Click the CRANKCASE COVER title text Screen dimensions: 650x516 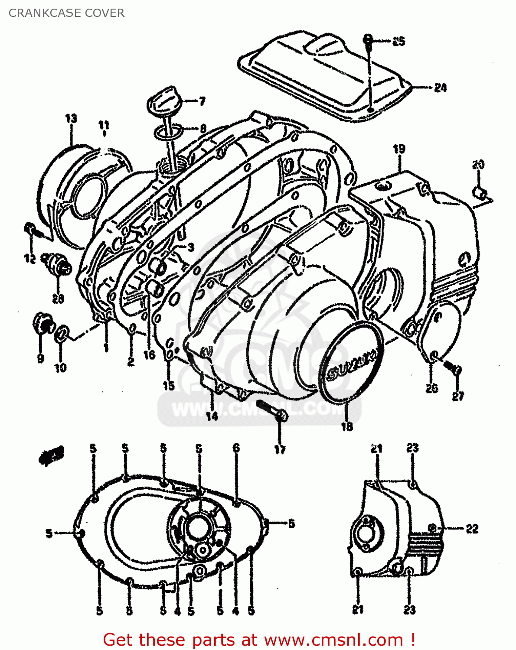[x=66, y=13]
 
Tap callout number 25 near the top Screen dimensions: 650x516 [x=398, y=41]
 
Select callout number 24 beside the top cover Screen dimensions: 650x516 [x=440, y=88]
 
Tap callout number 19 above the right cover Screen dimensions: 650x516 [x=399, y=149]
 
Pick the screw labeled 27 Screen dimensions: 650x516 [x=454, y=369]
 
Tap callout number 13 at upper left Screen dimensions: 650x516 [x=71, y=118]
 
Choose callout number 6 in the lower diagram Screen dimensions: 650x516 [x=236, y=448]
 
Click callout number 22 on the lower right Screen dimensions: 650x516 [x=471, y=528]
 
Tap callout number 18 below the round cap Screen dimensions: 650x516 [x=347, y=427]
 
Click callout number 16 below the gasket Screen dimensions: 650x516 [x=149, y=355]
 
